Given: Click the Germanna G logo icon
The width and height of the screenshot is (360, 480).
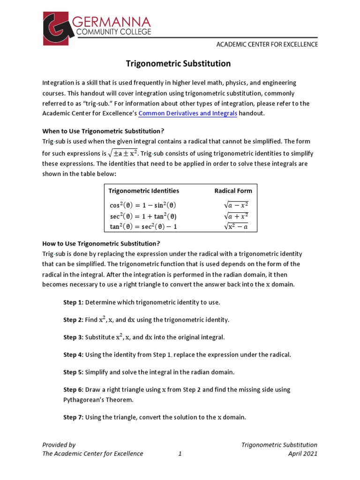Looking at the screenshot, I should click(x=60, y=29).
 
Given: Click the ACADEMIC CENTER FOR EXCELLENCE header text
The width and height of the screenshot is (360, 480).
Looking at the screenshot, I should click(x=267, y=45).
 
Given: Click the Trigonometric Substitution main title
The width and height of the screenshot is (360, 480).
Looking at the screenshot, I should click(x=180, y=63).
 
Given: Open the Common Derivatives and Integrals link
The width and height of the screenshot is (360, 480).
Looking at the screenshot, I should click(x=188, y=113).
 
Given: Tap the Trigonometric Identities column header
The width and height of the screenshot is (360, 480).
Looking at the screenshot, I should click(x=144, y=191).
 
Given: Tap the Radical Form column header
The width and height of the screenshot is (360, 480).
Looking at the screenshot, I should click(x=233, y=191).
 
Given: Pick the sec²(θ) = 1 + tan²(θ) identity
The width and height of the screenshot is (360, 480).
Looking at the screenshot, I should click(x=143, y=216).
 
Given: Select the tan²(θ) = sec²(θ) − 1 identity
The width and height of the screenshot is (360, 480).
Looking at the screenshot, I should click(x=143, y=227).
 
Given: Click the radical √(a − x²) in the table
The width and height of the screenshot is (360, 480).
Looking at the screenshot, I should click(x=236, y=205).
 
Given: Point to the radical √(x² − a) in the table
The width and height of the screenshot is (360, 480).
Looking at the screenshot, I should click(x=236, y=227).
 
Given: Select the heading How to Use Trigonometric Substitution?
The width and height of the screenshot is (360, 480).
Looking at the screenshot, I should click(x=101, y=243).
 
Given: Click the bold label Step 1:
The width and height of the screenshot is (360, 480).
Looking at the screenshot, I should click(x=73, y=302).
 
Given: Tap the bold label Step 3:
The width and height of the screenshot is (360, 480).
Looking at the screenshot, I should click(x=73, y=337).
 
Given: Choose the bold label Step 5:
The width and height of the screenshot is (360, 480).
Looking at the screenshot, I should click(x=73, y=372).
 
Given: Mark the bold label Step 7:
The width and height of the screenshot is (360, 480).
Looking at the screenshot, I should click(x=73, y=417).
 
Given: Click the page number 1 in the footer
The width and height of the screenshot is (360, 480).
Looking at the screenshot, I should click(x=180, y=453).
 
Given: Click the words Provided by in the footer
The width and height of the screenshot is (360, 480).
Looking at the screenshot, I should click(x=59, y=444).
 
